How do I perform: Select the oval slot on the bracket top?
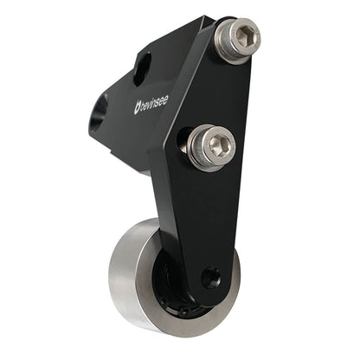click(141, 67)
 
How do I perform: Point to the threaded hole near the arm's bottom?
click(210, 278)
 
